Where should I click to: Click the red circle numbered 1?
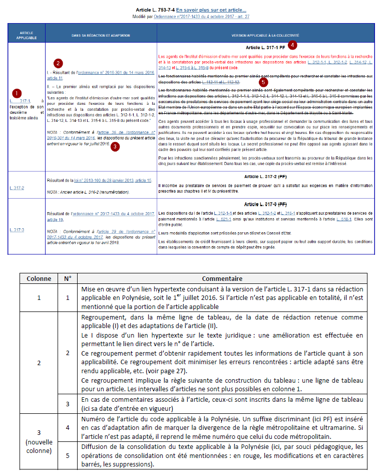click(17, 93)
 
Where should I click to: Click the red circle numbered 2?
click(59, 63)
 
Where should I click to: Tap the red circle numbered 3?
click(115, 147)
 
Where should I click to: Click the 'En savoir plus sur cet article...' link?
click(211, 10)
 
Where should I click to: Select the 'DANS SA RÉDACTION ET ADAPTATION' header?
click(101, 36)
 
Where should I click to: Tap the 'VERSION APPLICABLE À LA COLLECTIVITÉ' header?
click(265, 36)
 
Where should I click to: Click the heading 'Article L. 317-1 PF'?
click(265, 48)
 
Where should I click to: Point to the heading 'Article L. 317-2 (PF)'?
click(265, 177)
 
